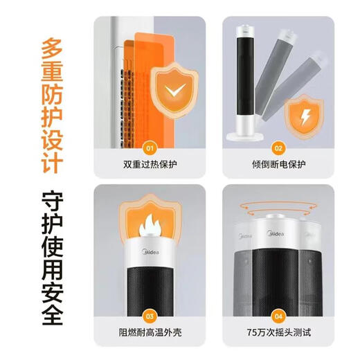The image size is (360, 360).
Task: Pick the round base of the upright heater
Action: tap(247, 136)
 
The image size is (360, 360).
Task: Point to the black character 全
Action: tap(49, 310)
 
